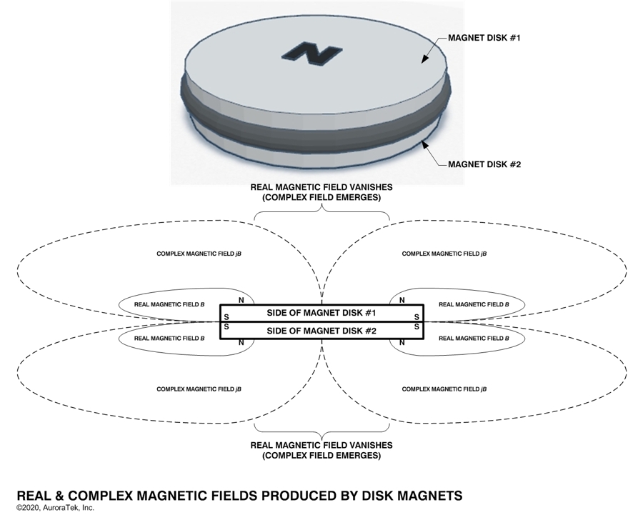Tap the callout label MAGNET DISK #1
pyautogui.click(x=484, y=37)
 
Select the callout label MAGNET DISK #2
pyautogui.click(x=484, y=164)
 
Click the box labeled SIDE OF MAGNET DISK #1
pyautogui.click(x=321, y=314)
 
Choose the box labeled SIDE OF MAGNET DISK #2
pyautogui.click(x=321, y=330)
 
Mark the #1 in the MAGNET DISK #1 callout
pyautogui.click(x=512, y=37)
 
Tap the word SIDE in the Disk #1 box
pyautogui.click(x=279, y=314)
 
